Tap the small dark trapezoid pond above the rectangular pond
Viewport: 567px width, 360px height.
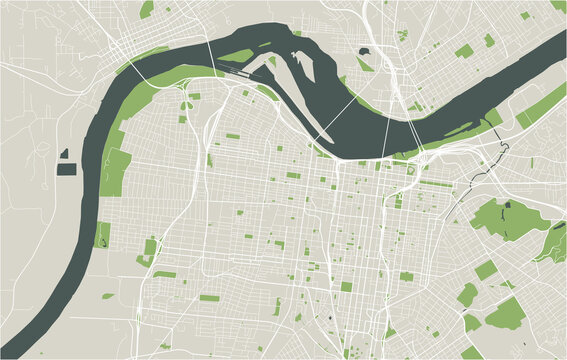(x=64, y=154)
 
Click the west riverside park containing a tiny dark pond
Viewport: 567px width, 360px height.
(x=102, y=235)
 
